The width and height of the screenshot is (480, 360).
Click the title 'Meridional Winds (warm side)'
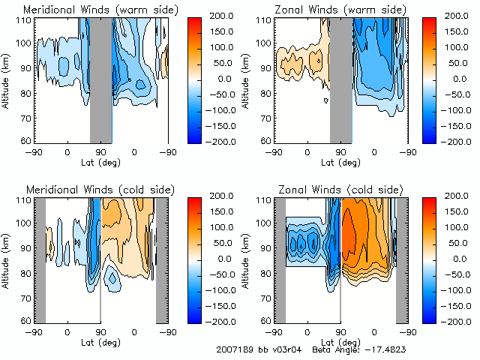click(91, 10)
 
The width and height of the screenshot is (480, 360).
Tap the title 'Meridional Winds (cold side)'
click(89, 190)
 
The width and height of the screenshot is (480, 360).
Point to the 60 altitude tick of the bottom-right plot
click(265, 321)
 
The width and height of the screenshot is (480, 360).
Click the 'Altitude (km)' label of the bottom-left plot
click(7, 259)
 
